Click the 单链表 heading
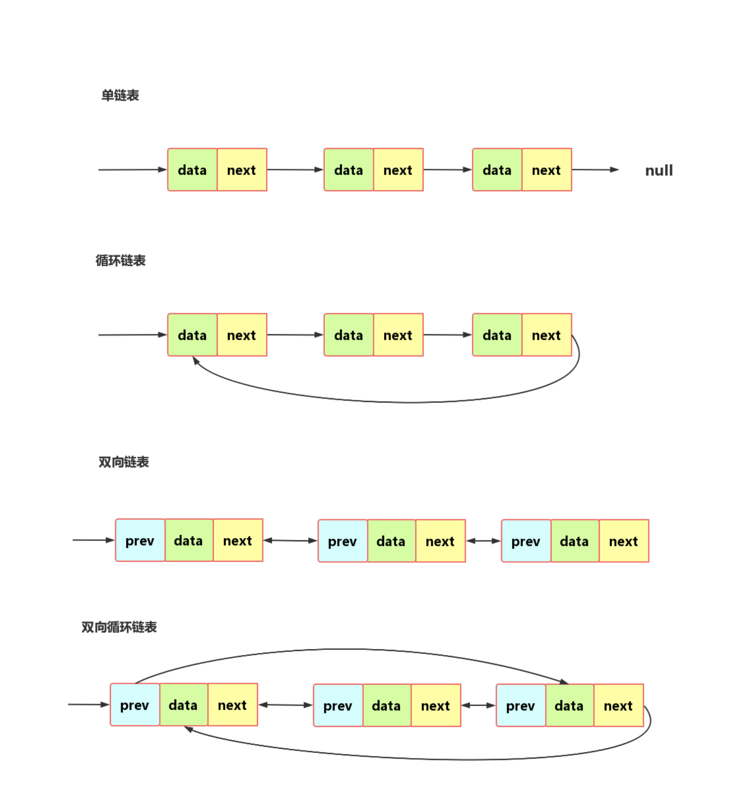(x=120, y=95)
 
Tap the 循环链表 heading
(x=121, y=260)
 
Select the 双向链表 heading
(x=123, y=462)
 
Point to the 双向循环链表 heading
(x=119, y=627)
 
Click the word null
(x=659, y=170)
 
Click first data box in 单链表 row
(x=192, y=170)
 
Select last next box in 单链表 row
(x=547, y=170)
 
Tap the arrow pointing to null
(x=596, y=170)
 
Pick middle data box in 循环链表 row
(x=348, y=335)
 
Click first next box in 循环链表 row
(x=242, y=335)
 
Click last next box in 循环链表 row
(x=547, y=335)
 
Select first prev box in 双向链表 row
(x=140, y=541)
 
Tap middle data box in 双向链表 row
(x=391, y=541)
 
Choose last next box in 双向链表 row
(x=624, y=541)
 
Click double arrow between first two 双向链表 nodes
(x=290, y=540)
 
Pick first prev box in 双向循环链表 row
(x=135, y=705)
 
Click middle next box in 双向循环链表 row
(x=435, y=706)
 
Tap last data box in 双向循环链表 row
(x=569, y=706)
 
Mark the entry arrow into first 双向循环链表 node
(x=89, y=705)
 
